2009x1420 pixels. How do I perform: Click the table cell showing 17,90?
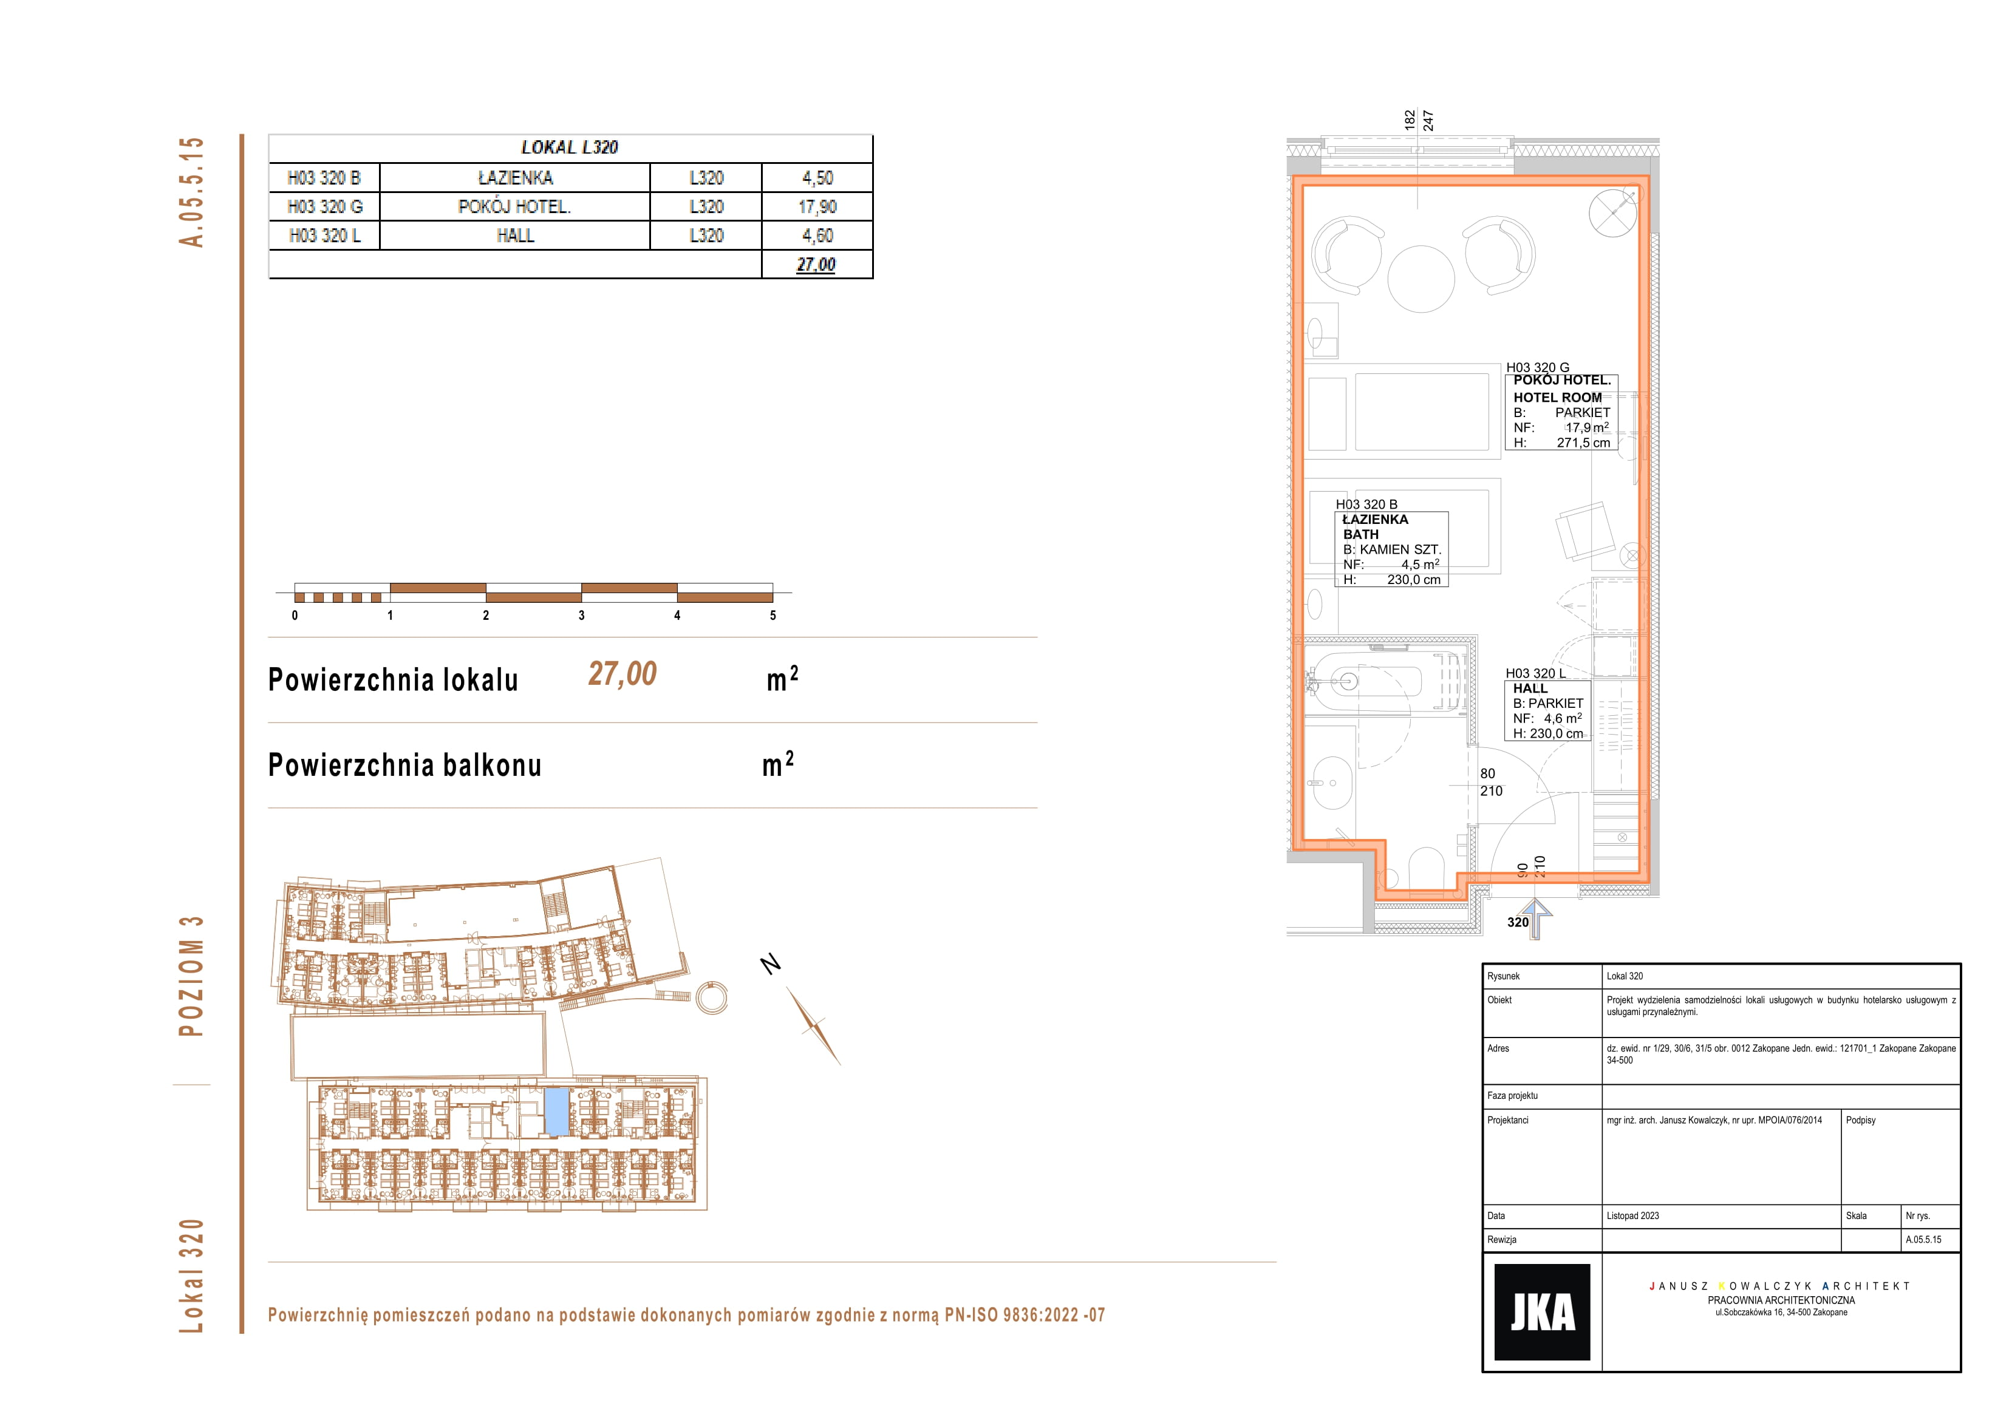pyautogui.click(x=817, y=206)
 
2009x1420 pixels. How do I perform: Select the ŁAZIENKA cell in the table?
pyautogui.click(x=516, y=178)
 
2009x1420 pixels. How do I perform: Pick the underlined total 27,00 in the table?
pyautogui.click(x=816, y=264)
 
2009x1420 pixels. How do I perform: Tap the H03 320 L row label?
pyautogui.click(x=325, y=236)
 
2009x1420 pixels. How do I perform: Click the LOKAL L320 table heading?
pyautogui.click(x=570, y=147)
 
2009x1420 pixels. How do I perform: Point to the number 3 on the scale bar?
pyautogui.click(x=582, y=615)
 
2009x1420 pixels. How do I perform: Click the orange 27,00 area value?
pyautogui.click(x=622, y=674)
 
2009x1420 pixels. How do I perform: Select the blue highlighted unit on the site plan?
pyautogui.click(x=556, y=1111)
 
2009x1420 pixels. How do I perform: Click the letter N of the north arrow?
pyautogui.click(x=771, y=963)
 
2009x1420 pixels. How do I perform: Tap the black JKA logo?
pyautogui.click(x=1542, y=1311)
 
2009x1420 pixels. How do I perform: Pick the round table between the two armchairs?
pyautogui.click(x=1421, y=278)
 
